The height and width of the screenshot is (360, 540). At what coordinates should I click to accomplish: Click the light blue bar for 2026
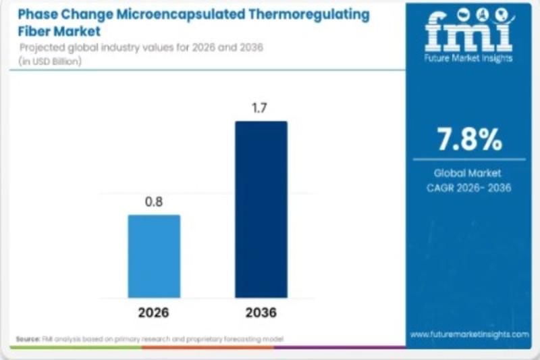click(154, 256)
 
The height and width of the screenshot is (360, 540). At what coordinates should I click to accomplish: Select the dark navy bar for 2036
click(261, 209)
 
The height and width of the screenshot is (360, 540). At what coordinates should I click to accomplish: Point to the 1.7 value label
click(261, 108)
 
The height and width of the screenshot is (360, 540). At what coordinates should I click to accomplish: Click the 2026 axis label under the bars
click(154, 313)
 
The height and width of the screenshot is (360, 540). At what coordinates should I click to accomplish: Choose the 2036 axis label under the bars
click(261, 313)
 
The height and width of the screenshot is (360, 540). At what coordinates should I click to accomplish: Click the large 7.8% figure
click(469, 140)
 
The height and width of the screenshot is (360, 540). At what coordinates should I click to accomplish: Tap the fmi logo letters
click(468, 34)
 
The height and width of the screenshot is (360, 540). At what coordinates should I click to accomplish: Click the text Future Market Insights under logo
click(468, 58)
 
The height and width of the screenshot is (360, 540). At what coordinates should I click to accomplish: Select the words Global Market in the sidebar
click(468, 173)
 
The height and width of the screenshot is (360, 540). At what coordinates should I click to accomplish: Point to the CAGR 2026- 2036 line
click(468, 187)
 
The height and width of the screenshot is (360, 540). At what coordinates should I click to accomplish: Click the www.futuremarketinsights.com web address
click(469, 334)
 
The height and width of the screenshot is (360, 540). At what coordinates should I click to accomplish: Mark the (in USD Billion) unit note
click(51, 61)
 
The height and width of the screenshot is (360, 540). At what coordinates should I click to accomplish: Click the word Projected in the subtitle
click(42, 47)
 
